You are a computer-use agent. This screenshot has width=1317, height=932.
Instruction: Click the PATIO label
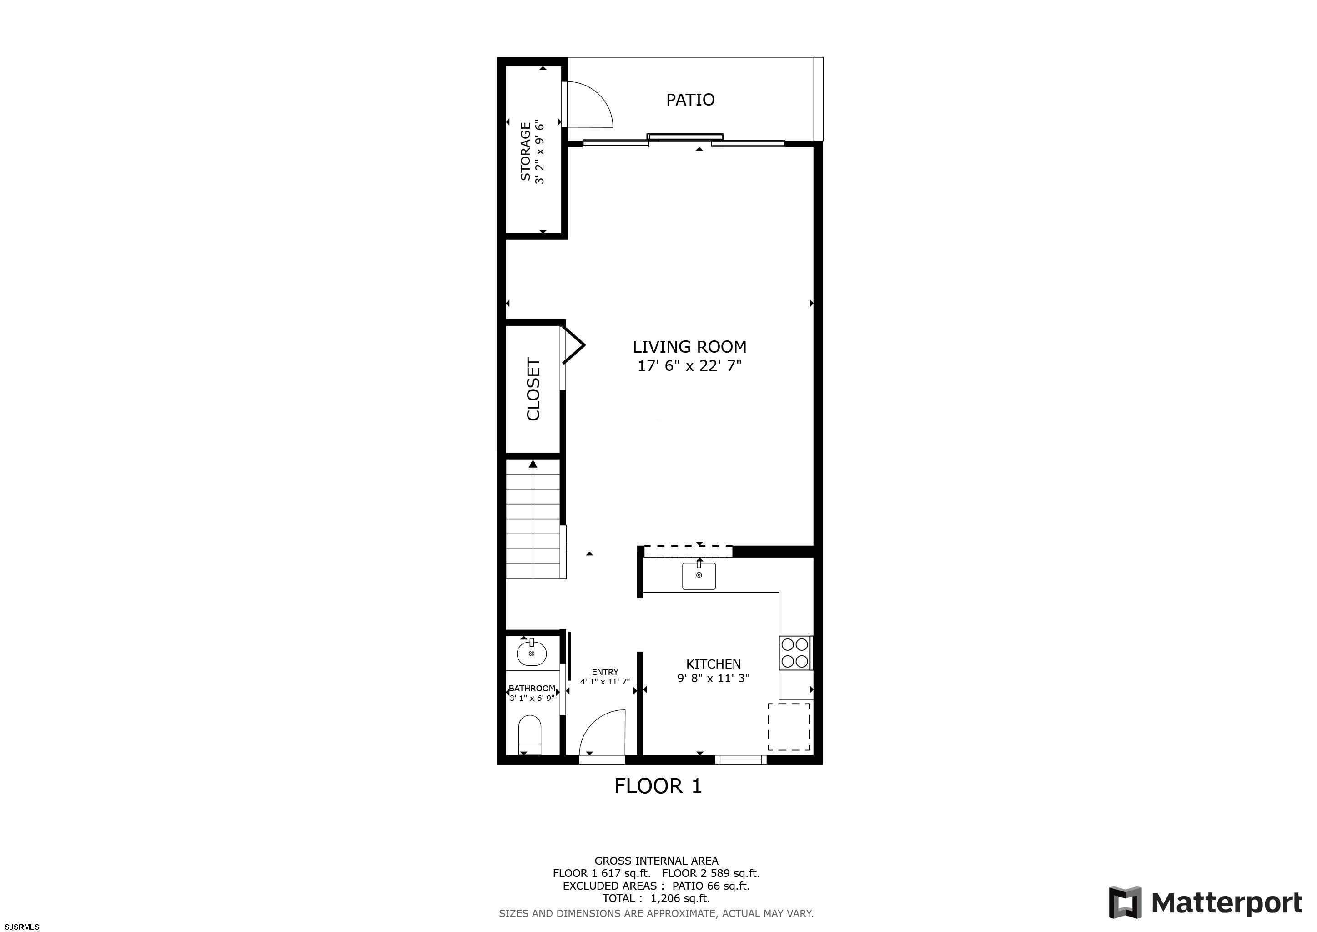[690, 100]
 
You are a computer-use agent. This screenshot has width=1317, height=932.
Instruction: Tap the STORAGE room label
[525, 152]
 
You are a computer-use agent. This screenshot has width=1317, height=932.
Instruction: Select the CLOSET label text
[533, 389]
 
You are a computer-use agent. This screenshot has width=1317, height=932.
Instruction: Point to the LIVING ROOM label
[689, 347]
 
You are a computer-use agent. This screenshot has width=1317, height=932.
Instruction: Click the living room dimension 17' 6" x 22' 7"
[689, 365]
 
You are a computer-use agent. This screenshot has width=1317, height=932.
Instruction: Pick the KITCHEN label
[714, 664]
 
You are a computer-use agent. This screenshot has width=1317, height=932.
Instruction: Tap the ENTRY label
[605, 672]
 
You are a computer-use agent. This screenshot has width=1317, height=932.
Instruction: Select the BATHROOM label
[532, 689]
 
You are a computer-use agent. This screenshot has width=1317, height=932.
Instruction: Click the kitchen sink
[699, 576]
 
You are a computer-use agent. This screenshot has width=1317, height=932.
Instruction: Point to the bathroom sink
[532, 653]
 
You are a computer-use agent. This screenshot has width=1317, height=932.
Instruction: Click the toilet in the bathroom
[529, 735]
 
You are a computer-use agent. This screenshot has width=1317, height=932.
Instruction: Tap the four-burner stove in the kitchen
[795, 653]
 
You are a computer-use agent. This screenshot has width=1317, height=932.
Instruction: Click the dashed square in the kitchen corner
[789, 727]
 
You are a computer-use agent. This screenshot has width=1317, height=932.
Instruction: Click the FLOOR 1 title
[658, 786]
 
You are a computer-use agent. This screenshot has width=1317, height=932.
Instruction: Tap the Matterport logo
[1205, 903]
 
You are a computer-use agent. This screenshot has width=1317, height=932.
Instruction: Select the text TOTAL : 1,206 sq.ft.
[656, 899]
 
